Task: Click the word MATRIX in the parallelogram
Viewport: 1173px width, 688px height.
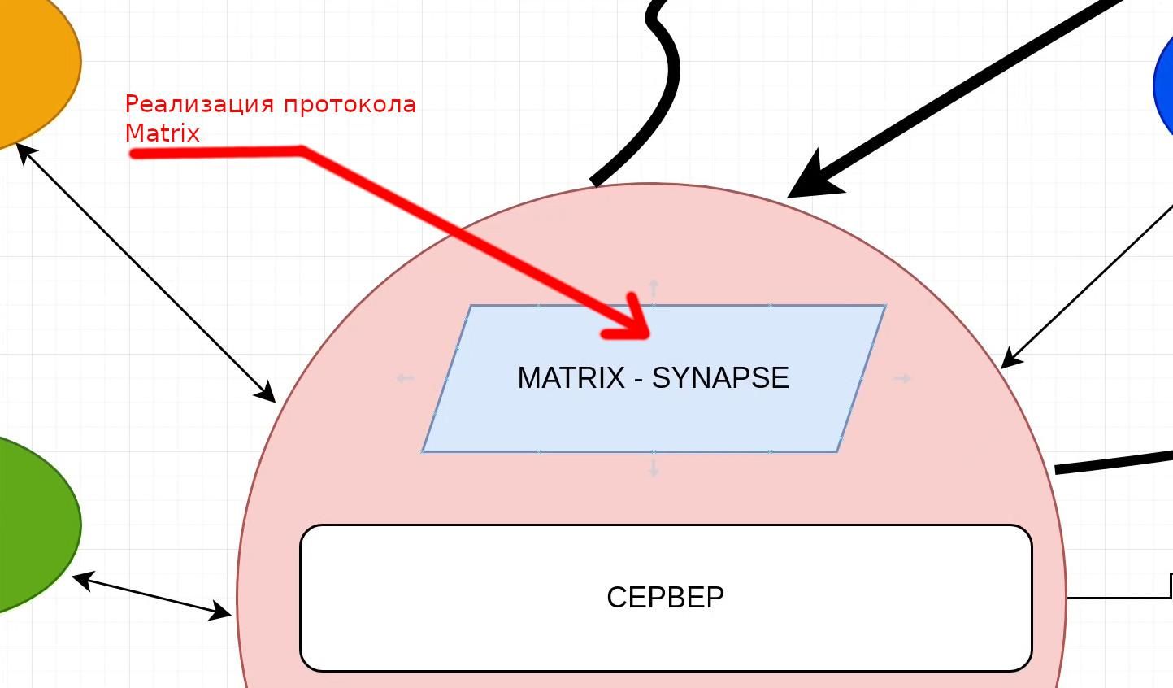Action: point(571,378)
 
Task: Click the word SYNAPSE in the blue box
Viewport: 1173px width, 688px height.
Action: point(720,378)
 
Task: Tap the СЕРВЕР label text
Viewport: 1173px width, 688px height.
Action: point(665,598)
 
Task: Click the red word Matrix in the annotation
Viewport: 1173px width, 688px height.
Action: point(163,133)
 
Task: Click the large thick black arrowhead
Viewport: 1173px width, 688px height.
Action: point(813,179)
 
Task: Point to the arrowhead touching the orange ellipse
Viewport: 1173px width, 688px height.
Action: point(25,151)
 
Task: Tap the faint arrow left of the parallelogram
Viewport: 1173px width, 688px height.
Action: point(404,378)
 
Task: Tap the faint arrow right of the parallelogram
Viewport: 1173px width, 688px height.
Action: point(902,378)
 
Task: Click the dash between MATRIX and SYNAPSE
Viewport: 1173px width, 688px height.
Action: point(639,379)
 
